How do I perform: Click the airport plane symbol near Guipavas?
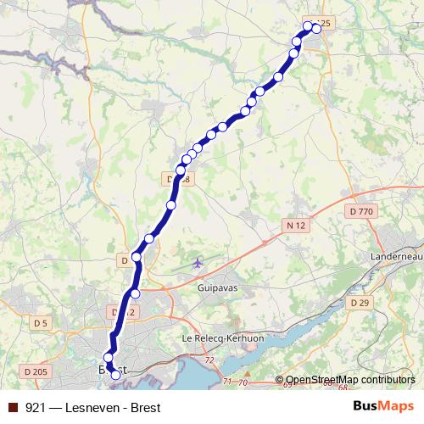tap(198, 262)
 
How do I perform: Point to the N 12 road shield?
tap(294, 224)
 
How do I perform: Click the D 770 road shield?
tap(360, 210)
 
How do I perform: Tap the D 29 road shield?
tap(359, 303)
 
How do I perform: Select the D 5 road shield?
tap(41, 322)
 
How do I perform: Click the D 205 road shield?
tap(35, 371)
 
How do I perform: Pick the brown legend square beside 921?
tap(12, 407)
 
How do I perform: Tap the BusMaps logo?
tap(383, 406)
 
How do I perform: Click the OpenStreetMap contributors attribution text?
tap(350, 380)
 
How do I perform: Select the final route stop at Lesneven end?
tap(316, 28)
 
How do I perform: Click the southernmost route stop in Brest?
tap(116, 374)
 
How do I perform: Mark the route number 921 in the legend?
tap(36, 407)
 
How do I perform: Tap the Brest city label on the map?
tap(109, 370)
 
